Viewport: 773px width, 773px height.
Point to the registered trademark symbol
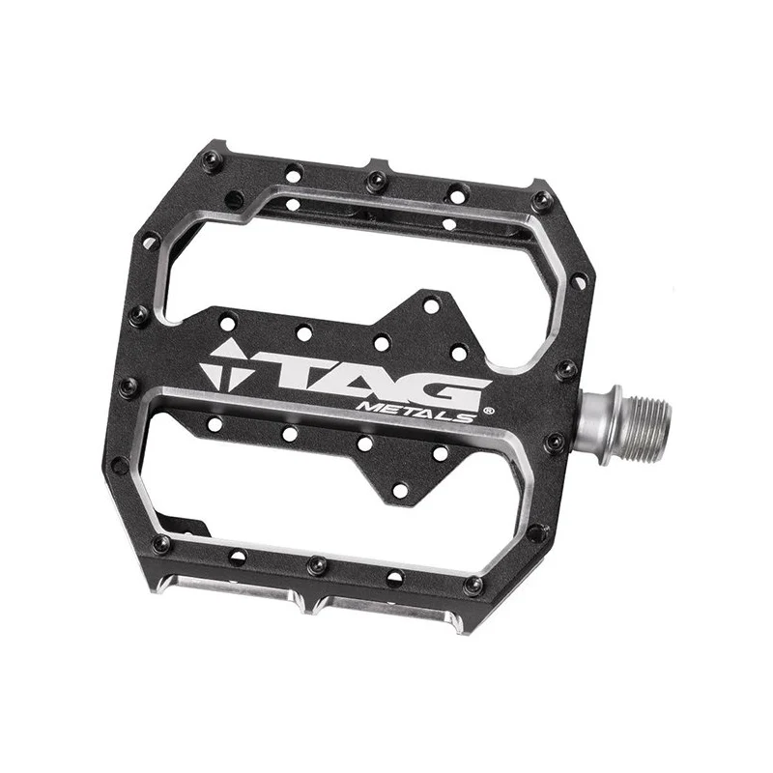coord(489,410)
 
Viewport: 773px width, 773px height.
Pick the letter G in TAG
coord(446,394)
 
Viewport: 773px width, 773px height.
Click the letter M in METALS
coord(370,408)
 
